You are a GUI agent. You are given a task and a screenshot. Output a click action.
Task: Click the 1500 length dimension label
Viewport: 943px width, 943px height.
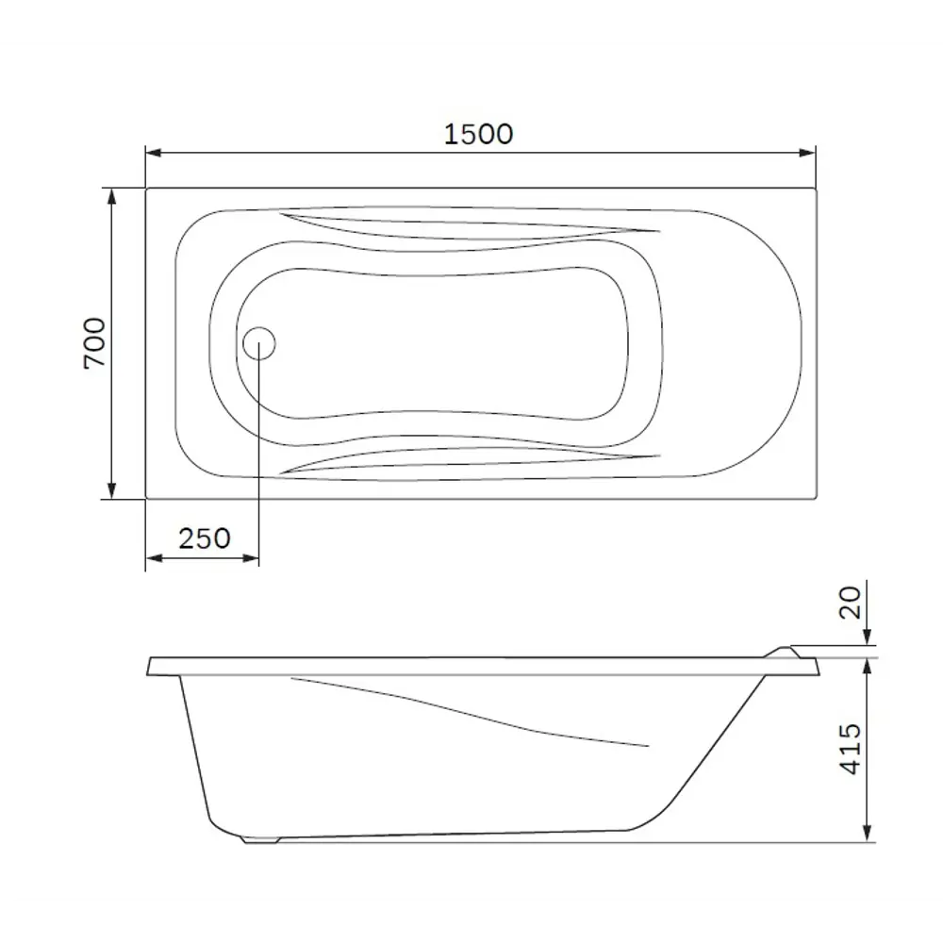click(479, 134)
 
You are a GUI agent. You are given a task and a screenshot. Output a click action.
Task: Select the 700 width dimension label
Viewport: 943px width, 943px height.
click(96, 343)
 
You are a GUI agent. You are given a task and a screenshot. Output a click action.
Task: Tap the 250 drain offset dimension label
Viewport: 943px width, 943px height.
click(204, 538)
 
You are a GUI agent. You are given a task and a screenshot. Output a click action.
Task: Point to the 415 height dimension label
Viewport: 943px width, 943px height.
click(852, 750)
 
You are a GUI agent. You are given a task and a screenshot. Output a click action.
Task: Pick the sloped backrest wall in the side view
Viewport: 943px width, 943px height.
click(717, 754)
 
